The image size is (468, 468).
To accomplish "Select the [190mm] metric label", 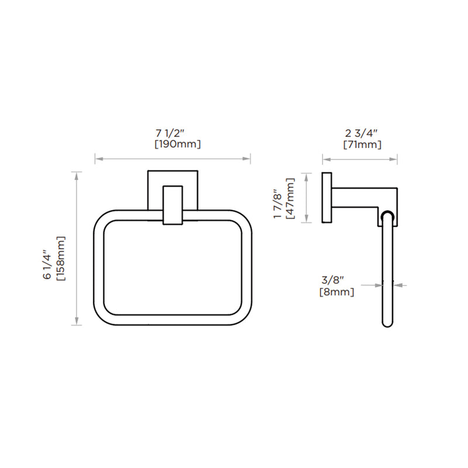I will tap(177, 144).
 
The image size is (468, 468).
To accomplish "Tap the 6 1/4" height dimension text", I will tap(47, 265).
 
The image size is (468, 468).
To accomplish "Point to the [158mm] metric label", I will tap(60, 258).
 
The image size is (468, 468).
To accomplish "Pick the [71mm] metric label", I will tap(362, 144).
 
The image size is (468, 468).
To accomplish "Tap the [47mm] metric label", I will tap(290, 198).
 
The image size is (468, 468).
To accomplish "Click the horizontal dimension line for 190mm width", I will tap(173, 159).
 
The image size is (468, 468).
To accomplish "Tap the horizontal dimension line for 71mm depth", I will tap(360, 159).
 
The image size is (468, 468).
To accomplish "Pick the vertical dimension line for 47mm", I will tap(304, 198).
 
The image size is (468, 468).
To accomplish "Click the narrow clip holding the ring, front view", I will tap(172, 205).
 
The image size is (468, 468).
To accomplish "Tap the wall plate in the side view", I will tap(326, 198).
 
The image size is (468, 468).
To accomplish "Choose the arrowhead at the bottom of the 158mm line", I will tap(77, 321).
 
